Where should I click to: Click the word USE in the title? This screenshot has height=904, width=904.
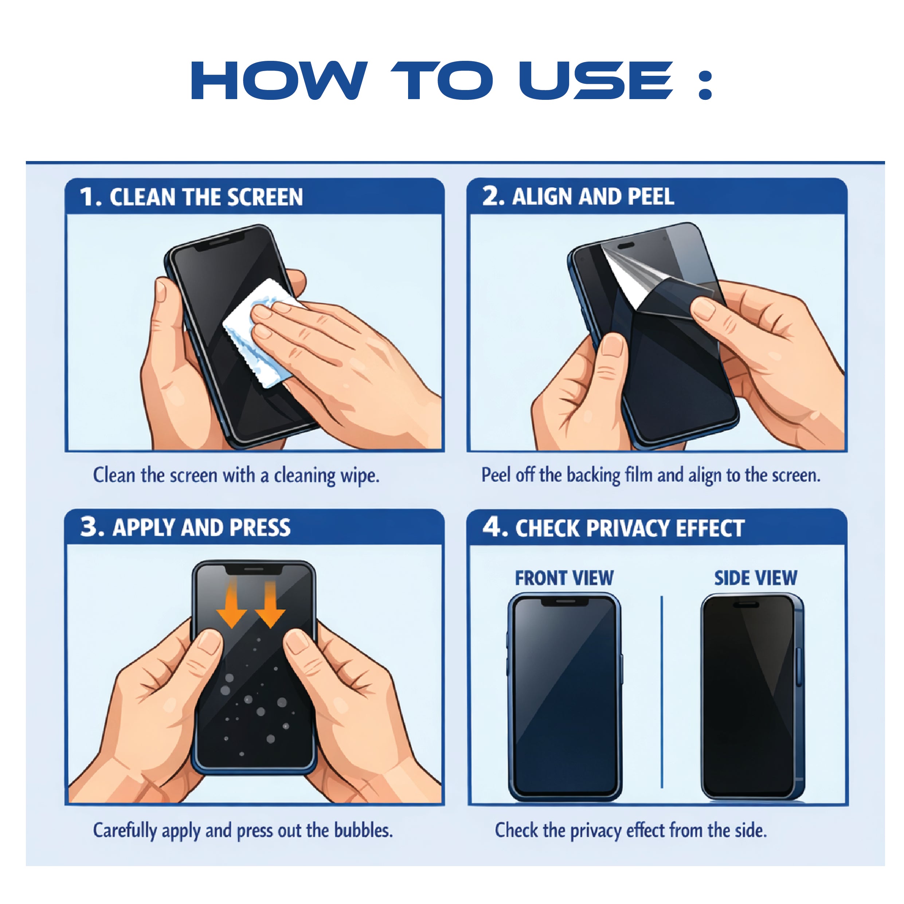596,81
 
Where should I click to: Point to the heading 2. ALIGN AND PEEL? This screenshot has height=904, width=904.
578,196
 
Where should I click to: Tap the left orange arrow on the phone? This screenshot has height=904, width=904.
231,604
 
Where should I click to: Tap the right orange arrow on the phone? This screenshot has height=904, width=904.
270,604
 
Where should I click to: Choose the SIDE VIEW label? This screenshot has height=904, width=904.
755,578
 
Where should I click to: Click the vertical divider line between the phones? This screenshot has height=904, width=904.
662,693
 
